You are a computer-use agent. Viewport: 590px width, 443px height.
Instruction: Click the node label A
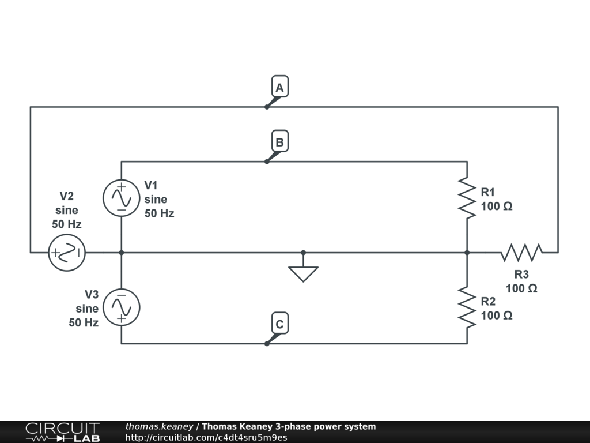[279, 88]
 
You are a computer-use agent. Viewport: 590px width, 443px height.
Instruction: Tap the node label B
[279, 142]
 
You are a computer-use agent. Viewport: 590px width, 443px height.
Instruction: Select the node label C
[279, 324]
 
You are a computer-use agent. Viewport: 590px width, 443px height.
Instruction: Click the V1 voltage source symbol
[121, 198]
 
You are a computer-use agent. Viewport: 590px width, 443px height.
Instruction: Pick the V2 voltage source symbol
[67, 253]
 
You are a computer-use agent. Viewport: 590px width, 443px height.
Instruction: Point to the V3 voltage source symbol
[121, 307]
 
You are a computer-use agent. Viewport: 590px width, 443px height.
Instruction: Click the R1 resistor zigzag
[467, 198]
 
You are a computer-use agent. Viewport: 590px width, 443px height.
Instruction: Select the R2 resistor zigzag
[467, 307]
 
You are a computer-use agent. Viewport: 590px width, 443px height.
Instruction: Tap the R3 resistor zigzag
[521, 253]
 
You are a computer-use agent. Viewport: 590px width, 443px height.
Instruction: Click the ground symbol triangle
[303, 273]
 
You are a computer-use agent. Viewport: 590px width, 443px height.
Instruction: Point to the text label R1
[487, 192]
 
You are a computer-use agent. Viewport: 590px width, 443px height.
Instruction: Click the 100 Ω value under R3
[521, 288]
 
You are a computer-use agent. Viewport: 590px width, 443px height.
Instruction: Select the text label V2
[67, 196]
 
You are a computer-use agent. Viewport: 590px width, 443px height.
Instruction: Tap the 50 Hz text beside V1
[159, 213]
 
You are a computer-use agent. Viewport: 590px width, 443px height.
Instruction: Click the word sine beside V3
[87, 309]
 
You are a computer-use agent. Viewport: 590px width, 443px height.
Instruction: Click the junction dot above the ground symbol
[303, 253]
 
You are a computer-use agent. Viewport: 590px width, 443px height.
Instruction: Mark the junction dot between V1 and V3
[121, 253]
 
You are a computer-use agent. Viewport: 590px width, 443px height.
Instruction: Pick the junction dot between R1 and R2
[467, 253]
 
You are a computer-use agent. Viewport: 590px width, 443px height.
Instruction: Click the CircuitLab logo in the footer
[62, 432]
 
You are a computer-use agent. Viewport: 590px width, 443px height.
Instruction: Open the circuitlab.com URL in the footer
[206, 437]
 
